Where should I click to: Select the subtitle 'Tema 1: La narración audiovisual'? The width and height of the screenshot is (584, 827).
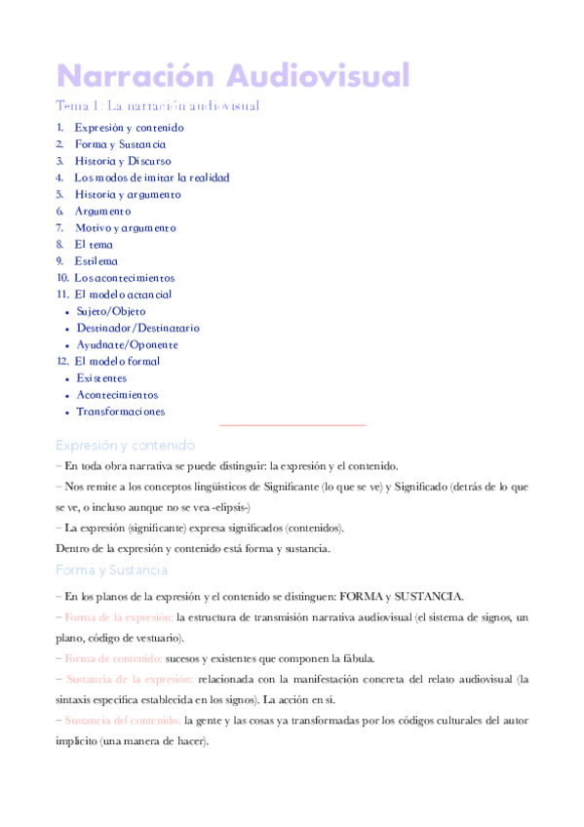[157, 105]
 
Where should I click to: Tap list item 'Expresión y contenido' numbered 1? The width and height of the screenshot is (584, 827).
[129, 128]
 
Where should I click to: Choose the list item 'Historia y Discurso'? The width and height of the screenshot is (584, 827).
[123, 161]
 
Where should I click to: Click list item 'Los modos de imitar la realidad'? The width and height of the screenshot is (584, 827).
[152, 177]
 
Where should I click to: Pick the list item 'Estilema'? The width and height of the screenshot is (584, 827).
[97, 260]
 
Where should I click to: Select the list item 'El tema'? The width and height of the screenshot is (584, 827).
[94, 244]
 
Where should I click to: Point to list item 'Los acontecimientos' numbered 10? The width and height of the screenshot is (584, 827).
[125, 277]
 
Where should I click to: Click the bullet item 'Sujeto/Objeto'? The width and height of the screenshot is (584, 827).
[111, 311]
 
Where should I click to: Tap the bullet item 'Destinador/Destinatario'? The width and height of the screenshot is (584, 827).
[137, 328]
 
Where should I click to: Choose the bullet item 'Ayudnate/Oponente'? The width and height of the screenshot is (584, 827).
[127, 344]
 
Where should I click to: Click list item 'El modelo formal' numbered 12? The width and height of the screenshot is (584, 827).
[117, 361]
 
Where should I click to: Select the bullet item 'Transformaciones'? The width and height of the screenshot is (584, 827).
[121, 411]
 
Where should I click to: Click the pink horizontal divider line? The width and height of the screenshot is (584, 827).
[292, 425]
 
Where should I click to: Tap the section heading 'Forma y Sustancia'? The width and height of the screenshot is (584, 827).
[112, 570]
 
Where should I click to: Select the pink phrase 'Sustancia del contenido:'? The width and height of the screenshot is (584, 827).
[119, 720]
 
